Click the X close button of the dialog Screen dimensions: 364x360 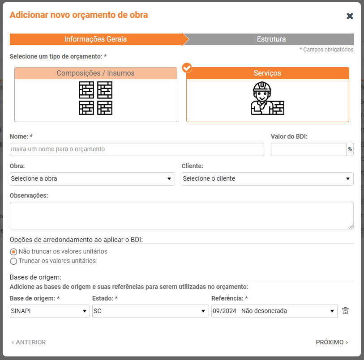coord(350,16)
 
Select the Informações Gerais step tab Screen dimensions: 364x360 coord(96,39)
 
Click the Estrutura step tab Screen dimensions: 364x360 coord(271,39)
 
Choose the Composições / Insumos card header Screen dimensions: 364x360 coord(96,73)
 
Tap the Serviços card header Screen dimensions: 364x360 coord(267,73)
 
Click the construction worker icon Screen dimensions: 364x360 coord(267,98)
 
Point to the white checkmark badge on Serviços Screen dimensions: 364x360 coord(187,68)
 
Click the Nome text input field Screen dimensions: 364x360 coord(137,149)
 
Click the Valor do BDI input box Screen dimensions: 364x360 coord(308,149)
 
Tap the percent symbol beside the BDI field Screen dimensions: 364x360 coord(350,149)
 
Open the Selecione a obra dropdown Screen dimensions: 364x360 coord(92,179)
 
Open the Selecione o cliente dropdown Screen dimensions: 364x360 coord(267,179)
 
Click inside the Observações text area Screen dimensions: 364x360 coord(181,216)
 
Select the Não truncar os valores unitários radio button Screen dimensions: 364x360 coord(13,252)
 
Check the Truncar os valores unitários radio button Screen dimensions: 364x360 coord(13,261)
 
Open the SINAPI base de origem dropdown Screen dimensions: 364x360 coord(50,311)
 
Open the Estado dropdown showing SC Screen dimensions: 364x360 coord(150,311)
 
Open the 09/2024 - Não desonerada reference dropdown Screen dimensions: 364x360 coord(274,311)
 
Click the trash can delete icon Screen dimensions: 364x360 coord(346,311)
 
